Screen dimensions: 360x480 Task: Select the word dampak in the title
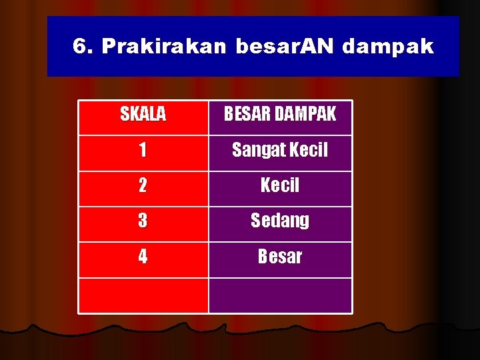389,47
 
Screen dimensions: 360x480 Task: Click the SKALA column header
143,115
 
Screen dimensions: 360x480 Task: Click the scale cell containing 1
143,150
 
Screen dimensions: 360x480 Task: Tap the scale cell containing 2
143,185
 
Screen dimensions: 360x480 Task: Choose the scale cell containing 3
143,221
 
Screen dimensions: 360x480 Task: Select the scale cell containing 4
143,256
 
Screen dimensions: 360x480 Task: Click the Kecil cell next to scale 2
280,185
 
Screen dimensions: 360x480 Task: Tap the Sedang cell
280,221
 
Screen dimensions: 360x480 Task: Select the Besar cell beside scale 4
280,256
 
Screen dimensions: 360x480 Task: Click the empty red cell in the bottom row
143,295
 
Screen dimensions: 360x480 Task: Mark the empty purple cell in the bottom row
280,295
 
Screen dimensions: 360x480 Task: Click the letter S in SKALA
125,115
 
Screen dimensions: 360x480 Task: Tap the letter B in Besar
263,256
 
